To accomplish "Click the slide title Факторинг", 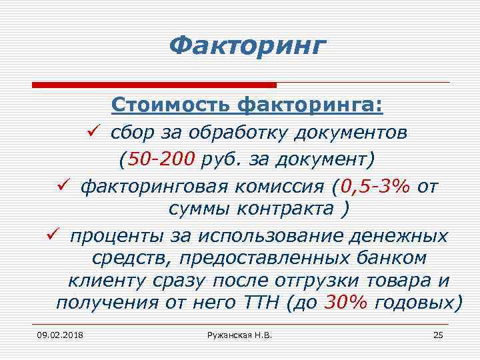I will coord(247,46).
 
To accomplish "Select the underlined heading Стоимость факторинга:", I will coord(247,105).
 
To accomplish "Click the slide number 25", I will coord(438,334).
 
